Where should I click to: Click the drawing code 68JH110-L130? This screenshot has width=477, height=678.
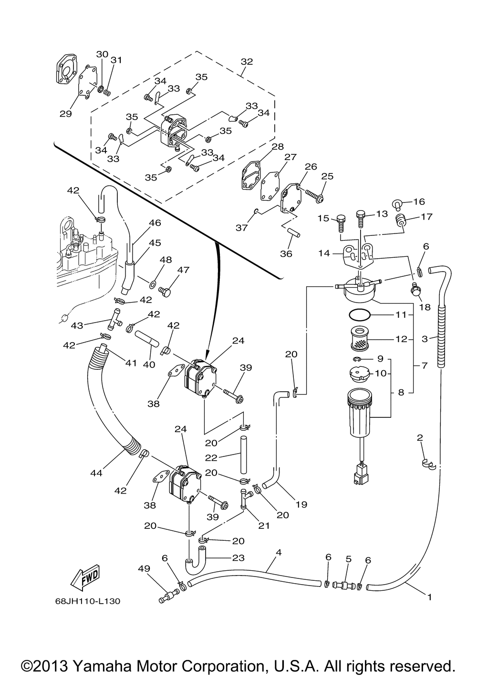(x=88, y=601)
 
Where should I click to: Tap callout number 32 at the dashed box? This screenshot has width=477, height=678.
(x=247, y=61)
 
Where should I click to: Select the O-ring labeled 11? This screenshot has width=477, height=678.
(x=360, y=314)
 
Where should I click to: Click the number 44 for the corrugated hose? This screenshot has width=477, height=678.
(x=96, y=473)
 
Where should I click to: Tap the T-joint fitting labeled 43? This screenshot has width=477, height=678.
(x=114, y=319)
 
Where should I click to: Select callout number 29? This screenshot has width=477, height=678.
(x=65, y=114)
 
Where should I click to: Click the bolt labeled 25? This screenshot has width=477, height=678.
(x=314, y=194)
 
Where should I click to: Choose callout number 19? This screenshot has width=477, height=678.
(x=301, y=504)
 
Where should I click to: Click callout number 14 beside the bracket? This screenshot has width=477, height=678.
(x=324, y=253)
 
